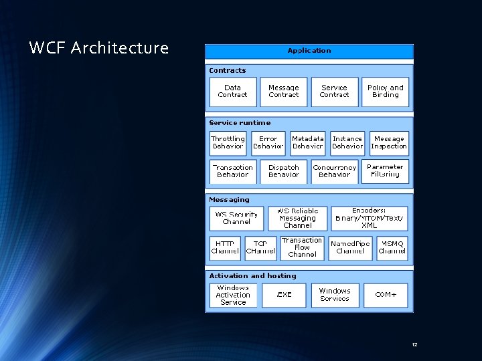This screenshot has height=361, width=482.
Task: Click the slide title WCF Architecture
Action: coord(99,48)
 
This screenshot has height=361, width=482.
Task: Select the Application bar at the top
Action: coord(309,51)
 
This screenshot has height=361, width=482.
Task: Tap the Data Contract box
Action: coord(232,92)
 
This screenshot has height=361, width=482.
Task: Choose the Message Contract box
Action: coord(283,92)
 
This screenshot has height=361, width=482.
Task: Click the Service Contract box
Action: coord(334,92)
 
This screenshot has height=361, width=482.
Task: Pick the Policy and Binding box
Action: coord(386,92)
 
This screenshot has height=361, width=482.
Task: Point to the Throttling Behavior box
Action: coord(228,142)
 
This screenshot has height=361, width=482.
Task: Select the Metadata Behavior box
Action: coord(308,142)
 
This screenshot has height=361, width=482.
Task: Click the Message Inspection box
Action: coord(388,142)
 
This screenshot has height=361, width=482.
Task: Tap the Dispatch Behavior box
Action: coord(283,171)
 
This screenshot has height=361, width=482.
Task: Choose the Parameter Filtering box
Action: coord(386,170)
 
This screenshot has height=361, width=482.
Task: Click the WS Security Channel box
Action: coord(236,219)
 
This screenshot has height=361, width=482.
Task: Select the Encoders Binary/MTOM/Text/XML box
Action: coord(369,219)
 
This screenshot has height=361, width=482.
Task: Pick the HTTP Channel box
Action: coord(224,247)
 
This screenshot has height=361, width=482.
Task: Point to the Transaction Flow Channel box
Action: coord(302,247)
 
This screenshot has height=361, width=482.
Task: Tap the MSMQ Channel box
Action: coord(392,247)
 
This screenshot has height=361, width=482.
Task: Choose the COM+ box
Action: coord(386,295)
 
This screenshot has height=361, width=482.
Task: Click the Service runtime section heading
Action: coord(240,123)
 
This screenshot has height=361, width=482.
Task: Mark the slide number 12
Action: coord(414,344)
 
